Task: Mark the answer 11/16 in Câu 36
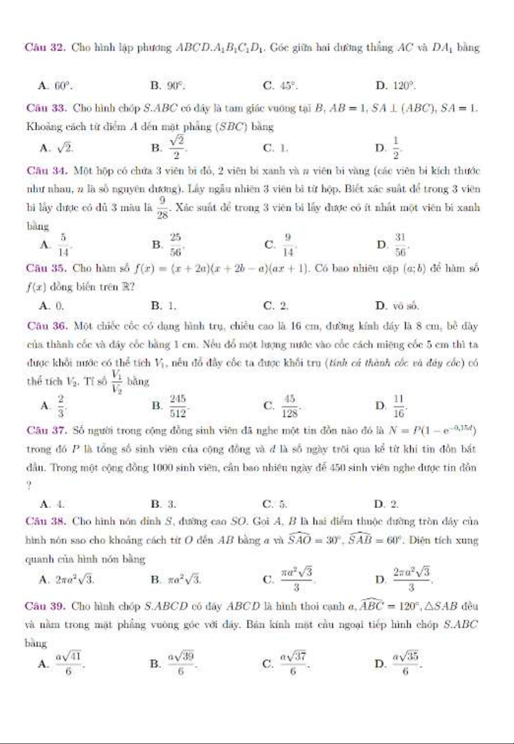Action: [399, 405]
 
